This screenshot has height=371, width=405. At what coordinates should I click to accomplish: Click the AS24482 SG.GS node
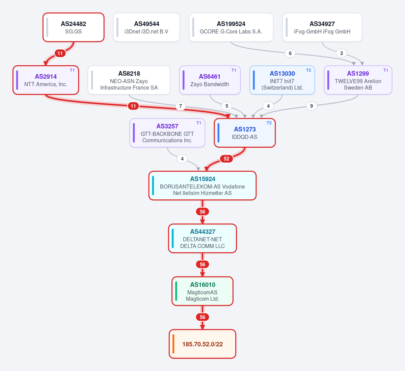74,27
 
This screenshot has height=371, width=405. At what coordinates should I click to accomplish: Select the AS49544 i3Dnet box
146,27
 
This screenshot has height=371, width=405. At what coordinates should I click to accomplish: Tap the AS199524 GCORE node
231,27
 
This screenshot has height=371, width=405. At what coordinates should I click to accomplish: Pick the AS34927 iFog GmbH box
322,27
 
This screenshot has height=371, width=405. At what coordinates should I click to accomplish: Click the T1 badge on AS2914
72,70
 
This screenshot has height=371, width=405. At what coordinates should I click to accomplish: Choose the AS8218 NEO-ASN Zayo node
129,80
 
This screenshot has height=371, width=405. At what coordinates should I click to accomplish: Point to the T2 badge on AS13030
308,70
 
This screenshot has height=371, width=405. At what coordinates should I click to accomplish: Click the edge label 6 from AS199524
290,53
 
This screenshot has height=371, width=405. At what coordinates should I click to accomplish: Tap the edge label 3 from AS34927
342,53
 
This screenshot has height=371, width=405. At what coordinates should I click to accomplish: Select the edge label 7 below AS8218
181,106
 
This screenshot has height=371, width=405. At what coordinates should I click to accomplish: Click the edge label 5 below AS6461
227,106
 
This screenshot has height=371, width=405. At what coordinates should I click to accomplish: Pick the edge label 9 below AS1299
312,106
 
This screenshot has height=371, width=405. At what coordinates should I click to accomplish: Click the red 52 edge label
226,159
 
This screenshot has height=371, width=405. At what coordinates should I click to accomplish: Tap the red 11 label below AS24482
60,53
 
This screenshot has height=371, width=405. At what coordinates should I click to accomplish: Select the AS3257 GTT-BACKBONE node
167,133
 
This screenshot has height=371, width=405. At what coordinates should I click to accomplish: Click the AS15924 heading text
203,179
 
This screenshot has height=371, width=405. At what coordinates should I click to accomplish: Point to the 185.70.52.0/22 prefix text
202,344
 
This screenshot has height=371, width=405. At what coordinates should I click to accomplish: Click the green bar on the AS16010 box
176,291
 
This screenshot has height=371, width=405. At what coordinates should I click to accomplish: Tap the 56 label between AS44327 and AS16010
202,265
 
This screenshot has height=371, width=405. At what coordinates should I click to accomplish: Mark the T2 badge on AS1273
269,123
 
